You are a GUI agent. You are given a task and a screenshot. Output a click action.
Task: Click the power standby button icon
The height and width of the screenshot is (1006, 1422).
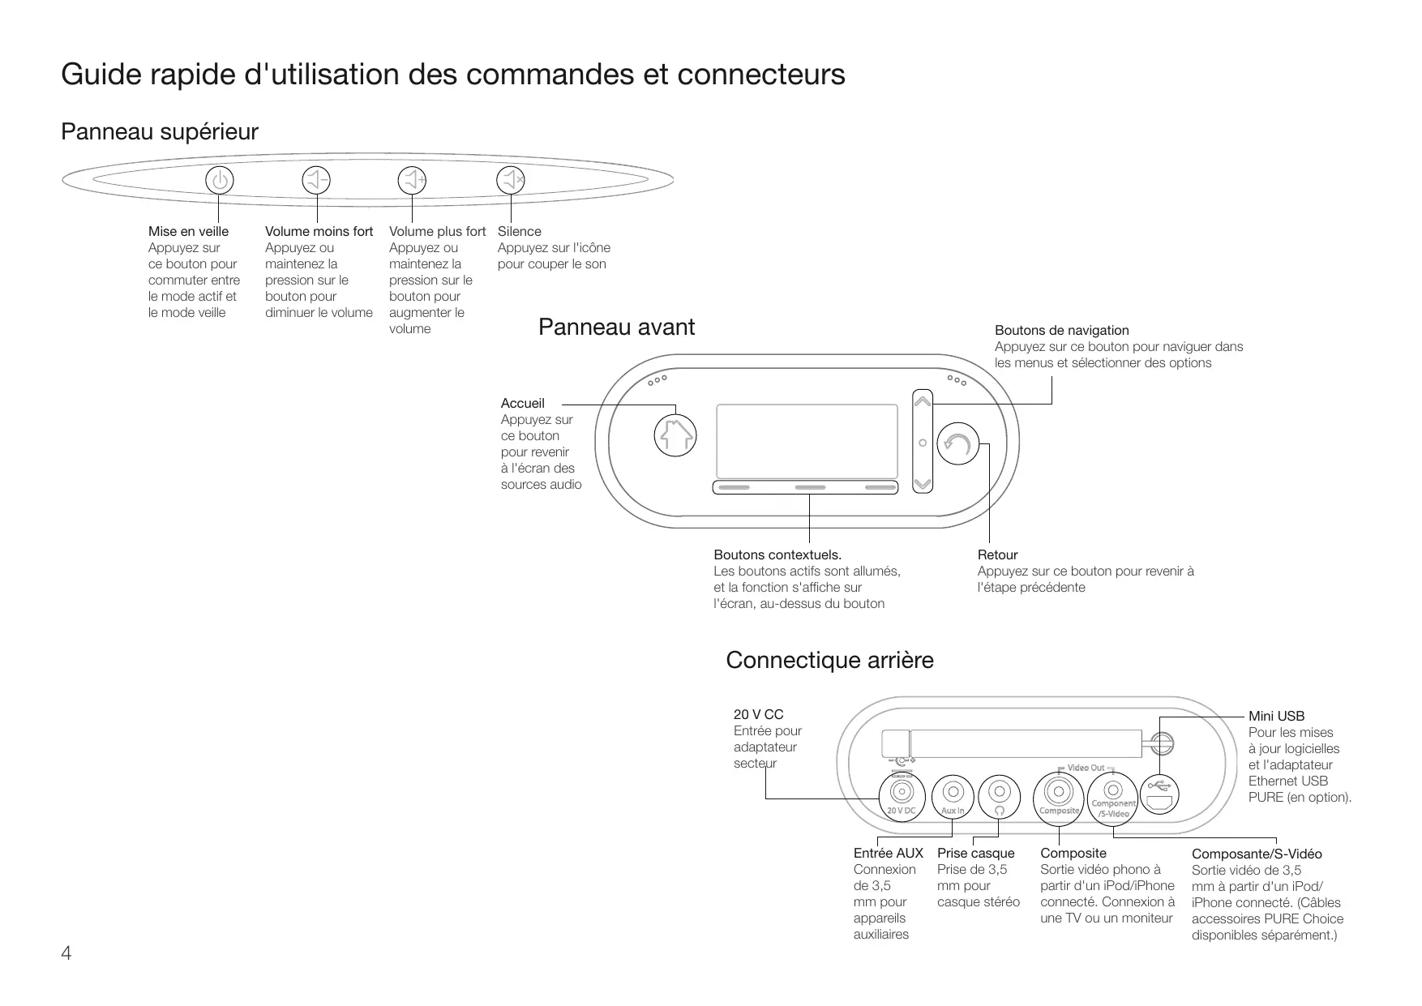tap(219, 180)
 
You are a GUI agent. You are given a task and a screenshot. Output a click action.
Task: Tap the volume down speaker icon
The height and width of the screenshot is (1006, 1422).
tap(316, 180)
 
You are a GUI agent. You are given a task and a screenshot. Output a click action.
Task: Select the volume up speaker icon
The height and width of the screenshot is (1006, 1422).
tap(413, 180)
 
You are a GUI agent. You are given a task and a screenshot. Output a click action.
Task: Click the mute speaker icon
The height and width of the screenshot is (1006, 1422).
tap(511, 180)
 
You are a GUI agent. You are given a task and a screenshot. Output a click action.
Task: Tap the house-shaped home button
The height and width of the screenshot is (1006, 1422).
tap(675, 435)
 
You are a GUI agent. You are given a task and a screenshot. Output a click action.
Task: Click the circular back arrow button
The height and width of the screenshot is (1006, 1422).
tap(958, 443)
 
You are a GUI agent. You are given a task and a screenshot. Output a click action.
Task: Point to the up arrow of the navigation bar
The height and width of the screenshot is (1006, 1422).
tap(923, 400)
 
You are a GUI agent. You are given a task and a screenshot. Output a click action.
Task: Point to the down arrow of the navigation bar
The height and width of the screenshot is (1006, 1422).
tap(923, 485)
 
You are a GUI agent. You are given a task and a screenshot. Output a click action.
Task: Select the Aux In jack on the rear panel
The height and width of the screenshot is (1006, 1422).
tap(953, 792)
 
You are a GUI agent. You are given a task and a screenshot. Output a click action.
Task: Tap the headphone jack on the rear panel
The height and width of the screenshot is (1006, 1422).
tap(999, 792)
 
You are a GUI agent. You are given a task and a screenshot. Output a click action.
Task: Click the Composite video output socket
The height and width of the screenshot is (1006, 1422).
tap(1059, 792)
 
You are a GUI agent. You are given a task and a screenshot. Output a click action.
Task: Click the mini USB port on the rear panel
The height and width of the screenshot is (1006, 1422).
tap(1159, 794)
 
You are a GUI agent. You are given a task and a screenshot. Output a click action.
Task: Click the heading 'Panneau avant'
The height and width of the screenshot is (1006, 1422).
tap(617, 327)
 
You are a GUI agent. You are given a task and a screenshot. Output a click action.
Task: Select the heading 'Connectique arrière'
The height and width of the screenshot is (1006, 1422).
tap(830, 660)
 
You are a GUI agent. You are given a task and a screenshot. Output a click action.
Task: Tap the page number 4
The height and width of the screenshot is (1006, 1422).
tap(66, 953)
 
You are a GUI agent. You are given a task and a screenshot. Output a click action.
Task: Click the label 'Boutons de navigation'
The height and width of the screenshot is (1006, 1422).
tap(1062, 330)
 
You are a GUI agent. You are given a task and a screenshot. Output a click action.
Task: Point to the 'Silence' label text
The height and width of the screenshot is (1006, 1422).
tap(520, 231)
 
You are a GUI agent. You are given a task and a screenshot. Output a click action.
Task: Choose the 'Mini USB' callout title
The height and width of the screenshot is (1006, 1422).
tap(1277, 716)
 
